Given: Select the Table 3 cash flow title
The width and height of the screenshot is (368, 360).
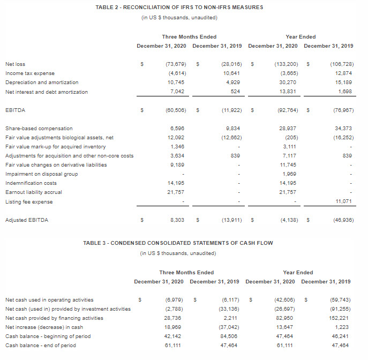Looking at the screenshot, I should pyautogui.click(x=178, y=243).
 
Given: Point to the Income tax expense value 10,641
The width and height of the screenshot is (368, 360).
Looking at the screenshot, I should pyautogui.click(x=231, y=73).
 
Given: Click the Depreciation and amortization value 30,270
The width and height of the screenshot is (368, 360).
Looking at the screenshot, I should pyautogui.click(x=287, y=82).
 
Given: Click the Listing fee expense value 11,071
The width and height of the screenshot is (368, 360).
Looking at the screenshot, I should pyautogui.click(x=343, y=201).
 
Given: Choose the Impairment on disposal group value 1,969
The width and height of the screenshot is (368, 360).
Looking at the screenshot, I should pyautogui.click(x=288, y=174).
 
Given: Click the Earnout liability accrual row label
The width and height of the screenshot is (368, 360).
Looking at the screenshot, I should pyautogui.click(x=33, y=192).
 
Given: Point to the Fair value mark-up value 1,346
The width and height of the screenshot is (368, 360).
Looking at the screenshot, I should pyautogui.click(x=177, y=146).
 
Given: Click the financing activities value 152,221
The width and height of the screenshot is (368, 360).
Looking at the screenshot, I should pyautogui.click(x=341, y=318).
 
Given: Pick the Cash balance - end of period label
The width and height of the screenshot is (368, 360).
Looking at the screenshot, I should pyautogui.click(x=40, y=345).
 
